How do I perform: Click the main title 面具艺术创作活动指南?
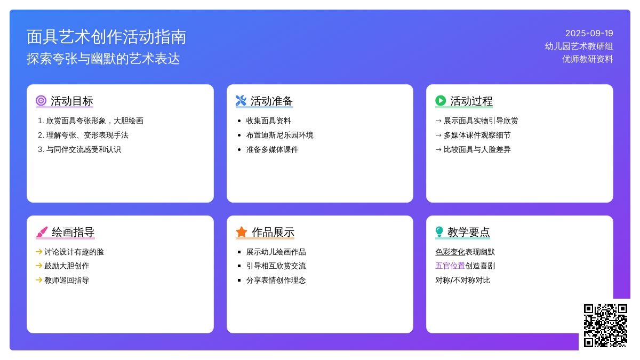[106, 37]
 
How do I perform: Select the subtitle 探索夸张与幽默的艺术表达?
[103, 59]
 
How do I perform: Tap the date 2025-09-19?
[589, 34]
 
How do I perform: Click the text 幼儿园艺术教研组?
[579, 46]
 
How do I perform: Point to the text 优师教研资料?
[587, 59]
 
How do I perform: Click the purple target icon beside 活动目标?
[41, 101]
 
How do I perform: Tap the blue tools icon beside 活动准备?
[241, 101]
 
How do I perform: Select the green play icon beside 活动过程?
[441, 101]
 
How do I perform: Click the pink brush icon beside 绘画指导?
[42, 231]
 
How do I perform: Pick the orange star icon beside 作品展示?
[242, 231]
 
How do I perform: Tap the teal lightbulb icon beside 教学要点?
[439, 231]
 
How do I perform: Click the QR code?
[605, 325]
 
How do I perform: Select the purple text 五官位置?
[450, 266]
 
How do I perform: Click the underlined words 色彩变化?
[450, 252]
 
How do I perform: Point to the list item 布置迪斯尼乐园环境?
[279, 135]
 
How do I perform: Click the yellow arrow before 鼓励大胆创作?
[39, 266]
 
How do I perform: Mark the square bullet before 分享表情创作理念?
[239, 281]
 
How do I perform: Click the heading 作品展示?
[273, 233]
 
